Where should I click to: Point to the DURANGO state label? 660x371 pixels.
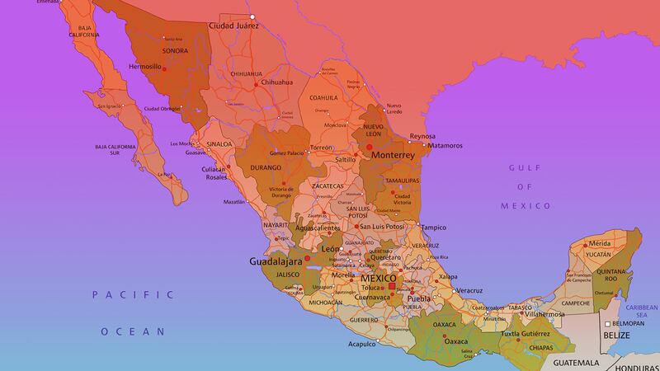coord(266,167)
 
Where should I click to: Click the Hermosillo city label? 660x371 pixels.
coord(145,66)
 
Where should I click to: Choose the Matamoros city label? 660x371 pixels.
coord(445,146)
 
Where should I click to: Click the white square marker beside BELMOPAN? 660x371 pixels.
coord(606,323)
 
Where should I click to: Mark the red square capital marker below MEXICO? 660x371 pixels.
coord(392,287)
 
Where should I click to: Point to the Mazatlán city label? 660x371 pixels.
coord(233,202)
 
